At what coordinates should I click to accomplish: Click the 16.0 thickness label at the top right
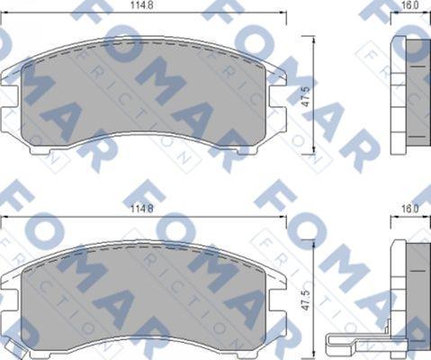(410, 7)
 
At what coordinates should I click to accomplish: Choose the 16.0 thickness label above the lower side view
(410, 209)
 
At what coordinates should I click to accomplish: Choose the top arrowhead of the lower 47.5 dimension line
(313, 241)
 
